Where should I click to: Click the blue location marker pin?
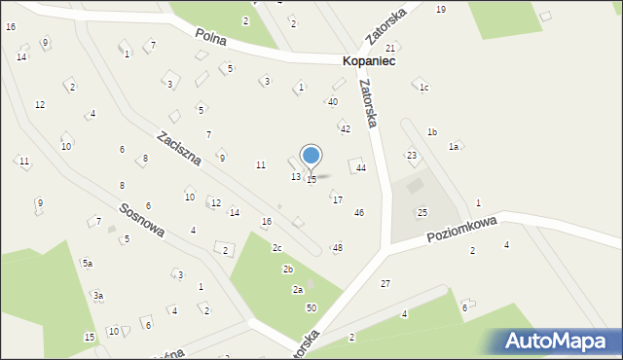(311, 157)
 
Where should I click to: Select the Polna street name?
(210, 35)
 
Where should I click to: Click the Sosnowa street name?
(141, 222)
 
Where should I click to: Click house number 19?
(441, 9)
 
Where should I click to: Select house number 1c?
(423, 88)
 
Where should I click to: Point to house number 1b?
(432, 131)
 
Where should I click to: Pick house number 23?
(412, 156)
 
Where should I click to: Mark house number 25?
(422, 212)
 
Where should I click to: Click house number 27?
(385, 283)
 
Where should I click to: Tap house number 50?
(311, 307)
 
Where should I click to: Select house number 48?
(337, 248)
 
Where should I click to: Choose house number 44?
(360, 168)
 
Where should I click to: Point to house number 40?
(333, 101)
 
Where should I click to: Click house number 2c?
(277, 247)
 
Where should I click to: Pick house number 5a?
(87, 263)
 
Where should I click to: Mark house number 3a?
(98, 295)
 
